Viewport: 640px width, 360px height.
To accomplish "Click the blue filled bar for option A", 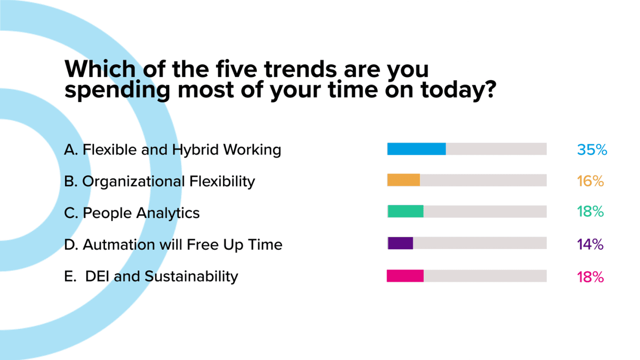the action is [x=417, y=149].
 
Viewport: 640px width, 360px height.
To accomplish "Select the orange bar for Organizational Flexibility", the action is [x=403, y=180].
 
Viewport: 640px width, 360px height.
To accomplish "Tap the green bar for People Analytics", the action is [x=405, y=211].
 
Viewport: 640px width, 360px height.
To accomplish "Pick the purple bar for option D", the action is [x=400, y=243].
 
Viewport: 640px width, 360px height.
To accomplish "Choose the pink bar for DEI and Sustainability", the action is [x=405, y=276].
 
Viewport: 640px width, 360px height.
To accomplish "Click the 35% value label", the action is [x=592, y=150].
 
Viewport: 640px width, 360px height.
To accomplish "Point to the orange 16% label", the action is [x=590, y=181].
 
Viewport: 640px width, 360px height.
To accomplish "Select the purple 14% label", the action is [x=590, y=245].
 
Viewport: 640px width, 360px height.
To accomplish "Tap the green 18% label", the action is [x=590, y=212].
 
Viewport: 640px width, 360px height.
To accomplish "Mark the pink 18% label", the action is [x=590, y=277].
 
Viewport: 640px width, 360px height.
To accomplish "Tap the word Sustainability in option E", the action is [x=191, y=277].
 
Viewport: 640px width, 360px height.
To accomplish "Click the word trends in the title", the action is [x=300, y=69].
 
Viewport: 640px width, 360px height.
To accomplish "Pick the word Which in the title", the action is [x=100, y=69].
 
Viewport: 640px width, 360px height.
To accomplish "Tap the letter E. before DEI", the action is [x=70, y=277].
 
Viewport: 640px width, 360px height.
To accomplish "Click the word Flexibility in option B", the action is [x=222, y=182].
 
